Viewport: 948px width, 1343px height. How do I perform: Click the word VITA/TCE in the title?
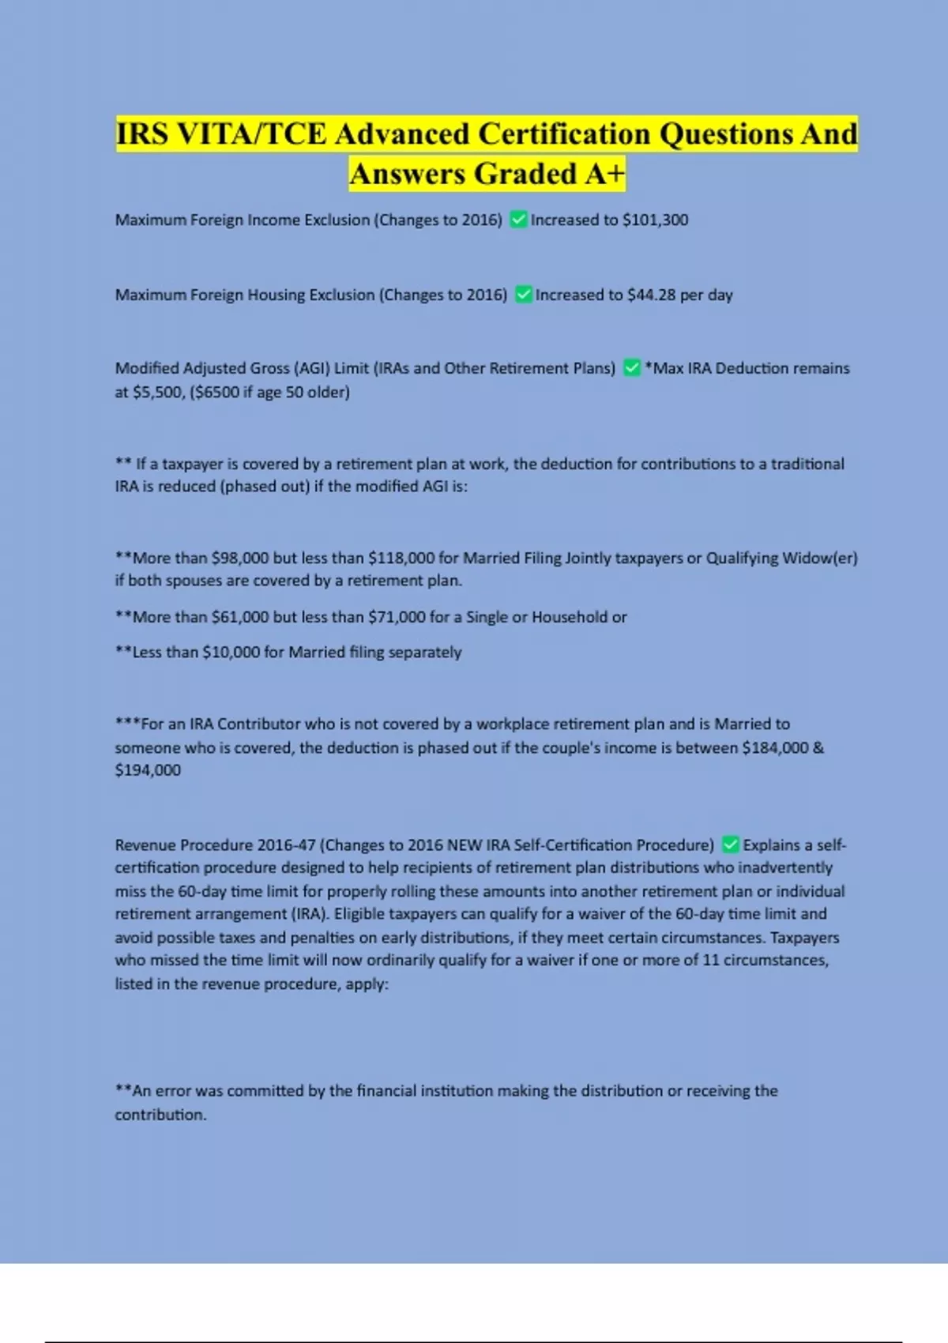251,134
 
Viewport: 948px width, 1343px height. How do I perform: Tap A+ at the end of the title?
605,174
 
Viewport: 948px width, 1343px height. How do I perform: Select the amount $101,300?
655,220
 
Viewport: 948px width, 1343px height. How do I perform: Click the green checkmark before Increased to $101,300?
519,220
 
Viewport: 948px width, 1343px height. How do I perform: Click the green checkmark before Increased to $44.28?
524,295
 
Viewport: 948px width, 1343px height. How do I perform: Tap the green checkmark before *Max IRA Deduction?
632,368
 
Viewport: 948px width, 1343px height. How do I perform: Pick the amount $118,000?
401,558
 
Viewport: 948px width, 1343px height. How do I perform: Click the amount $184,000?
775,747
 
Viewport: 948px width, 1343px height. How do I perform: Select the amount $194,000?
148,770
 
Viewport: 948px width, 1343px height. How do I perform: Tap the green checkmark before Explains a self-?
731,845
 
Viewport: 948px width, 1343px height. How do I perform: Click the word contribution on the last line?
160,1115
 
